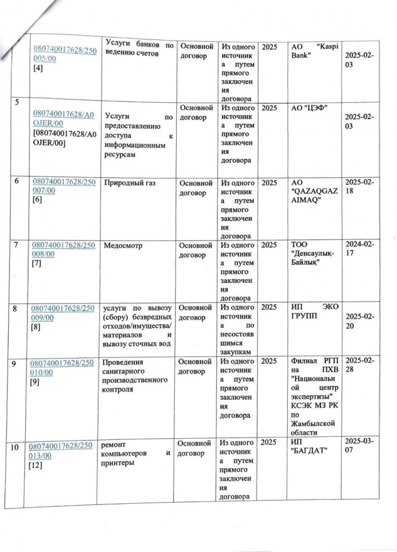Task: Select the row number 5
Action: [x=17, y=103]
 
